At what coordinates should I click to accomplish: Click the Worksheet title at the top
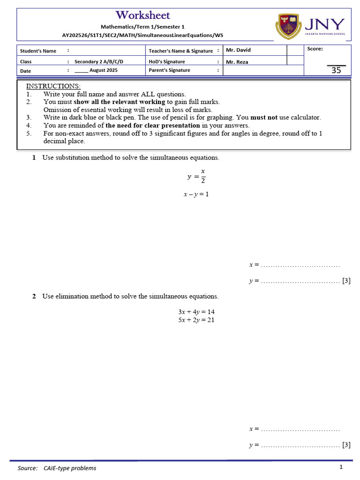(143, 15)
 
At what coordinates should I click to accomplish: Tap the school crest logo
(288, 26)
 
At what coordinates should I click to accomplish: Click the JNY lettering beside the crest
(325, 24)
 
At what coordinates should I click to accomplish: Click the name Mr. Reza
(237, 62)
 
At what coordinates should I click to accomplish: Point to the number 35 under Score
(336, 71)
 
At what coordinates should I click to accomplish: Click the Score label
(315, 49)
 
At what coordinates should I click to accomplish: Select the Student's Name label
(38, 51)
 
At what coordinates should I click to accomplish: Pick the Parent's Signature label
(169, 70)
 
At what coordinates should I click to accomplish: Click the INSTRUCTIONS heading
(53, 86)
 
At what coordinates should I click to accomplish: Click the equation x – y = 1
(196, 194)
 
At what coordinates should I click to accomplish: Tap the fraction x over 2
(203, 176)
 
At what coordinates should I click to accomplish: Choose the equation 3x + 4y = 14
(196, 312)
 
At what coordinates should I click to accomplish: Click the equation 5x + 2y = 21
(196, 320)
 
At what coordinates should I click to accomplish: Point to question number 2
(34, 296)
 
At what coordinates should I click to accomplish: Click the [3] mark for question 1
(346, 281)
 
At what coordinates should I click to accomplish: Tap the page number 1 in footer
(341, 467)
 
